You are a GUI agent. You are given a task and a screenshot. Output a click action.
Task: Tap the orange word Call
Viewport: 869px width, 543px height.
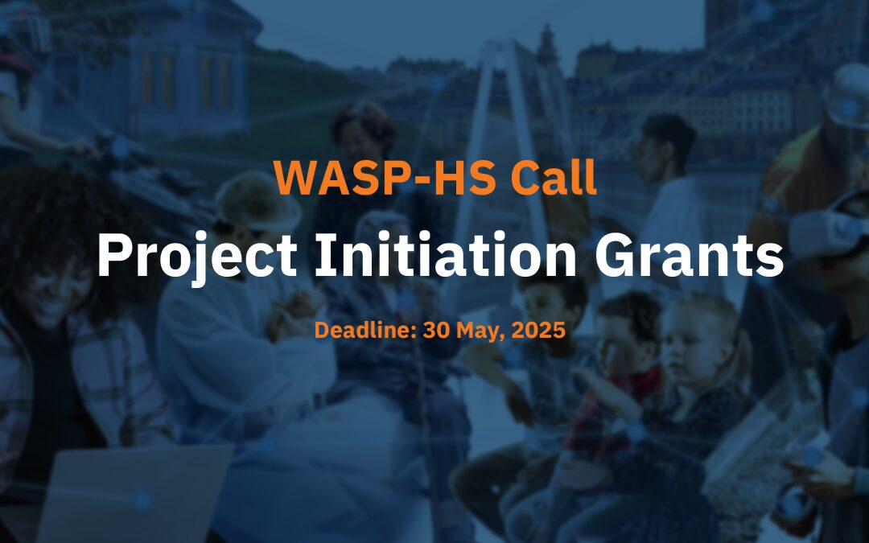coord(553,179)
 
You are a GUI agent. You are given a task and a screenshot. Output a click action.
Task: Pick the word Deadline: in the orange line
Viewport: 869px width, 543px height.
coord(363,330)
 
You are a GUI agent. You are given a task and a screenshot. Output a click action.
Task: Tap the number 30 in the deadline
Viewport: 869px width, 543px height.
coord(434,330)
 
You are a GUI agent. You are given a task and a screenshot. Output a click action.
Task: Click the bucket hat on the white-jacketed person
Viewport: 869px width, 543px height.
coord(257,201)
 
